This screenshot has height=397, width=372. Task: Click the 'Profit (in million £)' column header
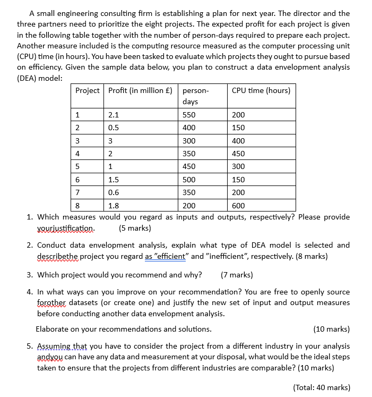click(140, 90)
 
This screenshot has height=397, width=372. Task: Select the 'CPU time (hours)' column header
click(261, 90)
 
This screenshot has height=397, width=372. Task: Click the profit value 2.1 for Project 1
click(113, 115)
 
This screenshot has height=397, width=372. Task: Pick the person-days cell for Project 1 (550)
click(189, 115)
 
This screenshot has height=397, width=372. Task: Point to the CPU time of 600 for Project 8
click(238, 206)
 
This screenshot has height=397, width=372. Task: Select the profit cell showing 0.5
click(113, 128)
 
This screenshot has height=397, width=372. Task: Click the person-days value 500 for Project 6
click(189, 180)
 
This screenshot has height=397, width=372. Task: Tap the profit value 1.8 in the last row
click(113, 206)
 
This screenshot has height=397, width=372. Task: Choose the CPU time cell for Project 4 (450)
click(238, 154)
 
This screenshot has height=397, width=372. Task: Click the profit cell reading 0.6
click(113, 192)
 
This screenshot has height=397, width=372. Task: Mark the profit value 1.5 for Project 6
click(113, 180)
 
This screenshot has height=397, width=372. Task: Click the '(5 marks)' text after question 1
click(135, 229)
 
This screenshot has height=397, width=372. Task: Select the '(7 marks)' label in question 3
click(237, 275)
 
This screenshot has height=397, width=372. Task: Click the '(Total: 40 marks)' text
click(322, 387)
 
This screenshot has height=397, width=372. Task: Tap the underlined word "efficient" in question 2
click(165, 256)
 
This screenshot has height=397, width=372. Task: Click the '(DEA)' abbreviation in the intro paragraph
click(28, 78)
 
